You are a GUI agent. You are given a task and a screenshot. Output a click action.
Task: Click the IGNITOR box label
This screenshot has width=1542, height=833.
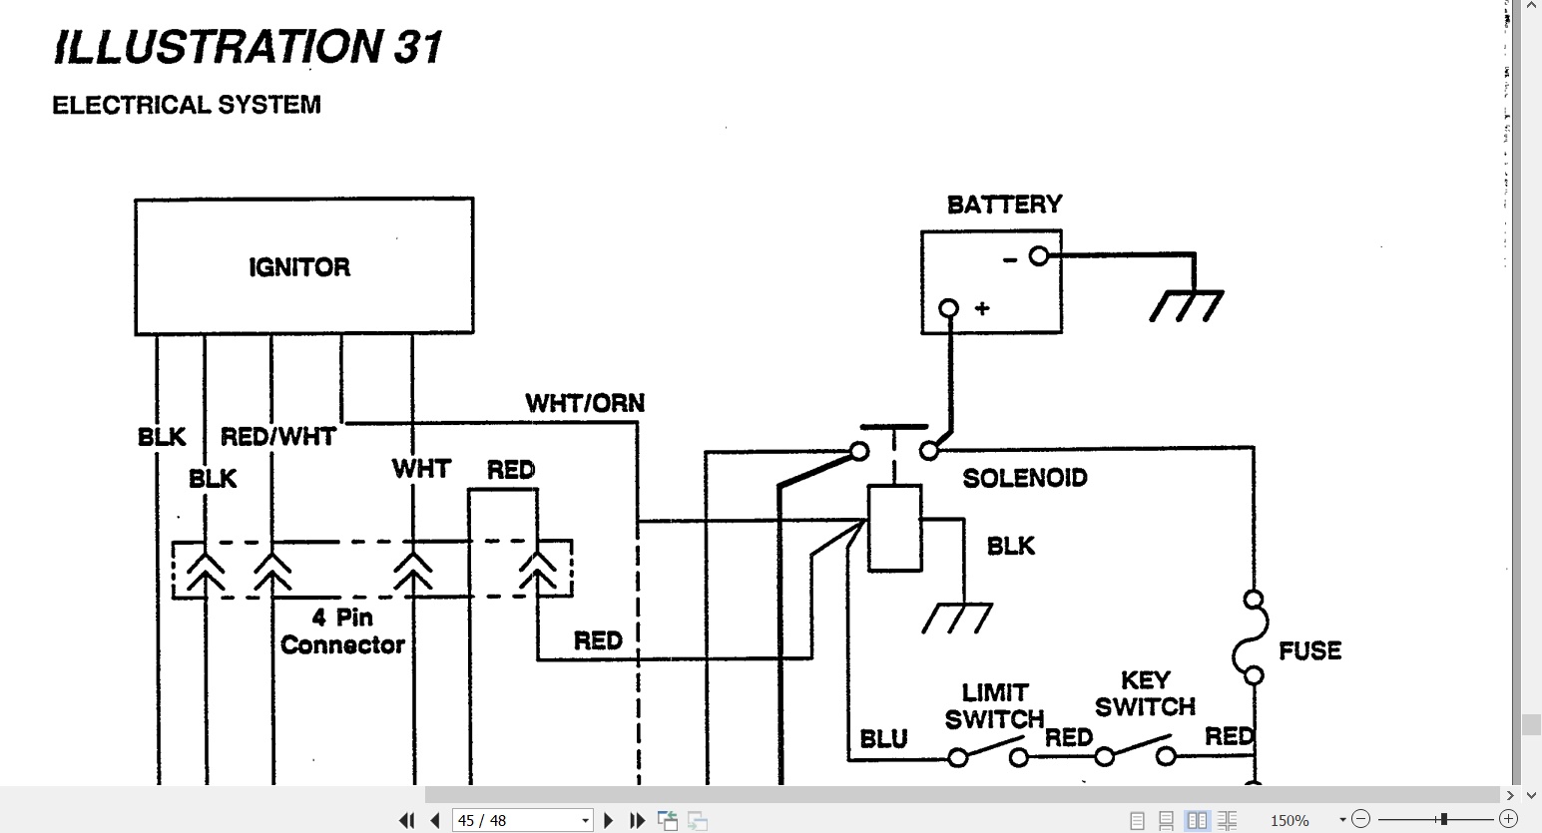299,267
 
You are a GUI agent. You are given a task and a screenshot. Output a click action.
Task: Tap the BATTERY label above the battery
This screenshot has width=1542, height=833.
1005,205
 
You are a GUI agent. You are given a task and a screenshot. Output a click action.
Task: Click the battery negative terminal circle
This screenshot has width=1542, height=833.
1039,256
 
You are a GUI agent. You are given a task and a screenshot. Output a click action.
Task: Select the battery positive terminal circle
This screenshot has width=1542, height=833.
948,307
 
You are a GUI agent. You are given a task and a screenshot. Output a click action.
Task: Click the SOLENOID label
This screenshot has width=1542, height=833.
1025,478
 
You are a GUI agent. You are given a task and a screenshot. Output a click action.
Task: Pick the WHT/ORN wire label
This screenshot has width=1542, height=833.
585,403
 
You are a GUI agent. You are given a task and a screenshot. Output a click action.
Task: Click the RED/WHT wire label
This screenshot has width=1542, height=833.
278,436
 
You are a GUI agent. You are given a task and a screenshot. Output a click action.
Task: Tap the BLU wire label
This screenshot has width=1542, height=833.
884,739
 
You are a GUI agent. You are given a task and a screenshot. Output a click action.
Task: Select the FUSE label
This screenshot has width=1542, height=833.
1310,650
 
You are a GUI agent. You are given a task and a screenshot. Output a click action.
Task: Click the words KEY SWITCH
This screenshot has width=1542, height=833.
1146,693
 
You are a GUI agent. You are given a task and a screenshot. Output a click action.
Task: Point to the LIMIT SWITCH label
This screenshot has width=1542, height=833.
995,705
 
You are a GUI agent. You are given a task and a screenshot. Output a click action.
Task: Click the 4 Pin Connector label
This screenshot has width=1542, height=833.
342,631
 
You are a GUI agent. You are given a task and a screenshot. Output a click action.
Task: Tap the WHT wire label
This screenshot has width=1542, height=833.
421,469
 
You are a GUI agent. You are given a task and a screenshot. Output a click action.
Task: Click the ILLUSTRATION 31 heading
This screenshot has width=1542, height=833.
248,47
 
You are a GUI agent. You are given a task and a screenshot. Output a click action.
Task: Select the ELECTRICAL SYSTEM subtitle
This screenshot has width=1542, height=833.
187,105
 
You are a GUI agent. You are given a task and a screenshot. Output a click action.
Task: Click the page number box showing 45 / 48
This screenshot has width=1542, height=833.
523,820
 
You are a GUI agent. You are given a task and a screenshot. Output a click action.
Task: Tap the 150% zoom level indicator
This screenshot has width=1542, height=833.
1289,821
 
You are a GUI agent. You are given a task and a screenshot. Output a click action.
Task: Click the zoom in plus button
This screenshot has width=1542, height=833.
1508,819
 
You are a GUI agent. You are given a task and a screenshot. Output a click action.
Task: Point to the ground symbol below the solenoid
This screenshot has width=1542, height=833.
957,618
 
